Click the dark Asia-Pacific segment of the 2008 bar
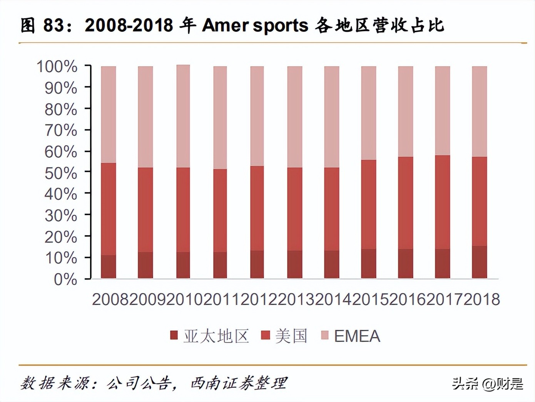[108, 267]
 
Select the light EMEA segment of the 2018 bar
[479, 111]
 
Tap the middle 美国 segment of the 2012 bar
[257, 208]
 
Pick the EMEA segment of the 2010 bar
[183, 116]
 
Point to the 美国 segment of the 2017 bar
[442, 202]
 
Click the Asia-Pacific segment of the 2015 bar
[368, 264]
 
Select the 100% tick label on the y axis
[57, 66]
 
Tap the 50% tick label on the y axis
[60, 173]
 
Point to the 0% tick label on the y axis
[65, 279]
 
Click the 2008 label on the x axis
[110, 299]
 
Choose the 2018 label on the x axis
[481, 299]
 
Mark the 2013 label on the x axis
[296, 299]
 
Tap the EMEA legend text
[357, 336]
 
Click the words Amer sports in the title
[255, 25]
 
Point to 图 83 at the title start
[42, 25]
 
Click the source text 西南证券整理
[239, 383]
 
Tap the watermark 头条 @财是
[487, 383]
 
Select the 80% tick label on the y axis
[60, 110]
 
